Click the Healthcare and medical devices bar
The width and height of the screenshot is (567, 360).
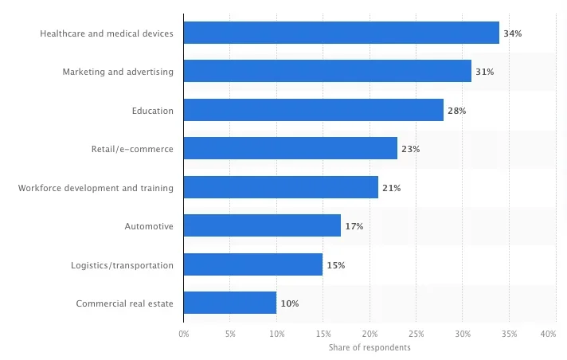point(341,33)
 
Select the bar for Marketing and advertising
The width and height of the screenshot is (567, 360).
point(327,72)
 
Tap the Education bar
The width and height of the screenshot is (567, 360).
point(313,110)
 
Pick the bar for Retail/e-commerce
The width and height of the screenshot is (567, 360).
point(290,149)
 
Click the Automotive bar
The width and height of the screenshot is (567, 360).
point(262,226)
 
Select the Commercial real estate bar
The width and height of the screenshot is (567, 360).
point(229,303)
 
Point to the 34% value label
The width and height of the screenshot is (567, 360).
point(512,33)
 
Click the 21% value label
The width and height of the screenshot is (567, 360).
point(391,188)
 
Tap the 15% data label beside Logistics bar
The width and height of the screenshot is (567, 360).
point(335,264)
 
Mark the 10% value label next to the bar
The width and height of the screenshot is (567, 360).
point(289,303)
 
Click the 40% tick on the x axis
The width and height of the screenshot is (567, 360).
point(547,335)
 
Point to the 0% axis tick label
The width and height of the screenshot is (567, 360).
point(183,335)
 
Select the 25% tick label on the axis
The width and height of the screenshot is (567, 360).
point(416,335)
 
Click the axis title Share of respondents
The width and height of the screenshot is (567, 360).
point(370,347)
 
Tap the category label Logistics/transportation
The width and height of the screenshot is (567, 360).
point(122,264)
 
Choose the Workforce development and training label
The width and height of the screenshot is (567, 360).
point(96,188)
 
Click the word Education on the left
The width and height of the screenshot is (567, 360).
point(152,111)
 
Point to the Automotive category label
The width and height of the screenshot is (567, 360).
point(149,226)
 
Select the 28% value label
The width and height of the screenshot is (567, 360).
point(456,111)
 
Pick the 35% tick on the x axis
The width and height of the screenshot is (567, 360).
point(509,335)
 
